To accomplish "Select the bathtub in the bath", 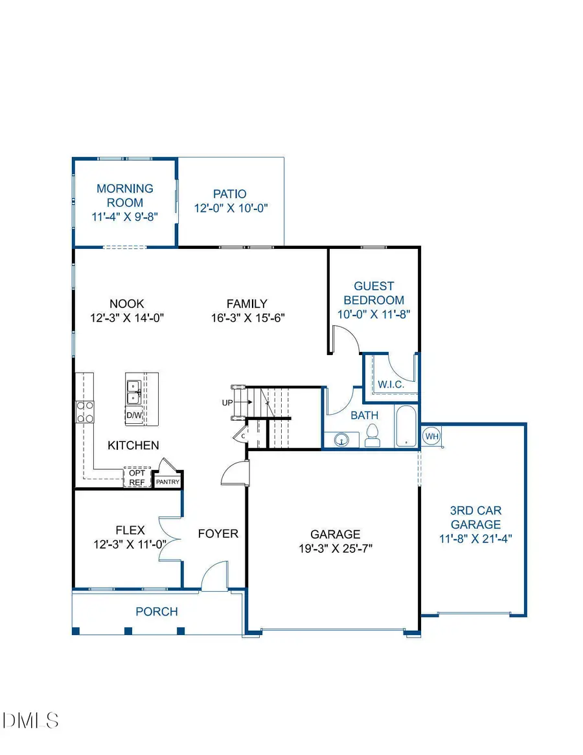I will (406, 426).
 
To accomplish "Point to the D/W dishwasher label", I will (134, 415).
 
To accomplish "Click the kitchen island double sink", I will (135, 391).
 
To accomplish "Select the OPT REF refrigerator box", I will (137, 477).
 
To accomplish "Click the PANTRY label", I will (167, 482).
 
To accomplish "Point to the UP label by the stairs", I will (227, 402).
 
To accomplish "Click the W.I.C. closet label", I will (391, 384).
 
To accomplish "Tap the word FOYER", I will (218, 534).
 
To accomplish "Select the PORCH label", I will (157, 611).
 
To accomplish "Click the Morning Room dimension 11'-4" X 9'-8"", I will (125, 217).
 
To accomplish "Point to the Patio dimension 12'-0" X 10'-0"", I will (231, 208).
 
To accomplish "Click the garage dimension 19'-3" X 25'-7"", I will (335, 548).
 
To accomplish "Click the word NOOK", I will (127, 303).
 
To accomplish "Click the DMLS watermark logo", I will (31, 719).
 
